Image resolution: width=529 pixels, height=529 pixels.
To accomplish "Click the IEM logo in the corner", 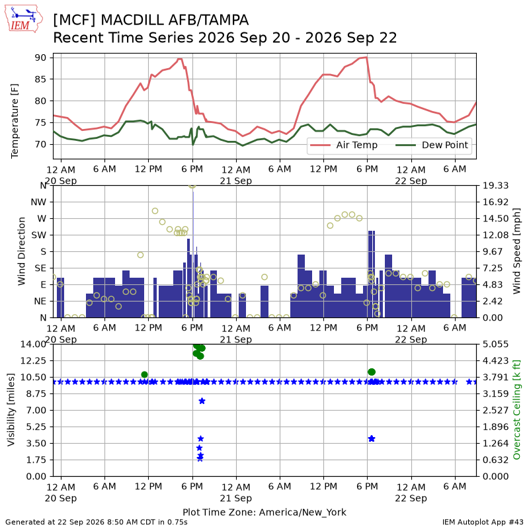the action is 24,19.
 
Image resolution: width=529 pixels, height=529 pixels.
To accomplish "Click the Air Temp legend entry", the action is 344,145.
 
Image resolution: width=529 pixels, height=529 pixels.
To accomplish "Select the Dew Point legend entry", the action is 432,145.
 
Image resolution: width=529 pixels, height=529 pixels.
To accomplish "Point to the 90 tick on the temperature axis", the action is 40,58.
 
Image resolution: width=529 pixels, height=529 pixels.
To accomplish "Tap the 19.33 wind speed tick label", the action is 495,186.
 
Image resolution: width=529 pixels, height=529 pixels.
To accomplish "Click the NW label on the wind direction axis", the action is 38,202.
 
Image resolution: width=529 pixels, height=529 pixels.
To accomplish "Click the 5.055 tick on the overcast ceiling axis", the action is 495,344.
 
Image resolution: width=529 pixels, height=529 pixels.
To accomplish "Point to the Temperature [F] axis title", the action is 15,121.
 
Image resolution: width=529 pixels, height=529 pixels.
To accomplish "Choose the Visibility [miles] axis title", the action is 11,409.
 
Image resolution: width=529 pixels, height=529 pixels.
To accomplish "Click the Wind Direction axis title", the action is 22,251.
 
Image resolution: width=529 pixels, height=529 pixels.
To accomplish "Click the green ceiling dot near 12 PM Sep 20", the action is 144,374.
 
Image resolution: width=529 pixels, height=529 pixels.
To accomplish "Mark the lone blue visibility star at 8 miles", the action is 202,401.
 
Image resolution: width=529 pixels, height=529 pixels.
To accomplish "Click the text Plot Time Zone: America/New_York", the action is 264,512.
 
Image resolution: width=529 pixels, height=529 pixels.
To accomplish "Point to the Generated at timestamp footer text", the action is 97,522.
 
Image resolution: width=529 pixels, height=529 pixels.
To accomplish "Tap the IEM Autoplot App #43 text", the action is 483,522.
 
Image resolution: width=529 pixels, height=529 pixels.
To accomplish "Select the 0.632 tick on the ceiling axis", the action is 495,460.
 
